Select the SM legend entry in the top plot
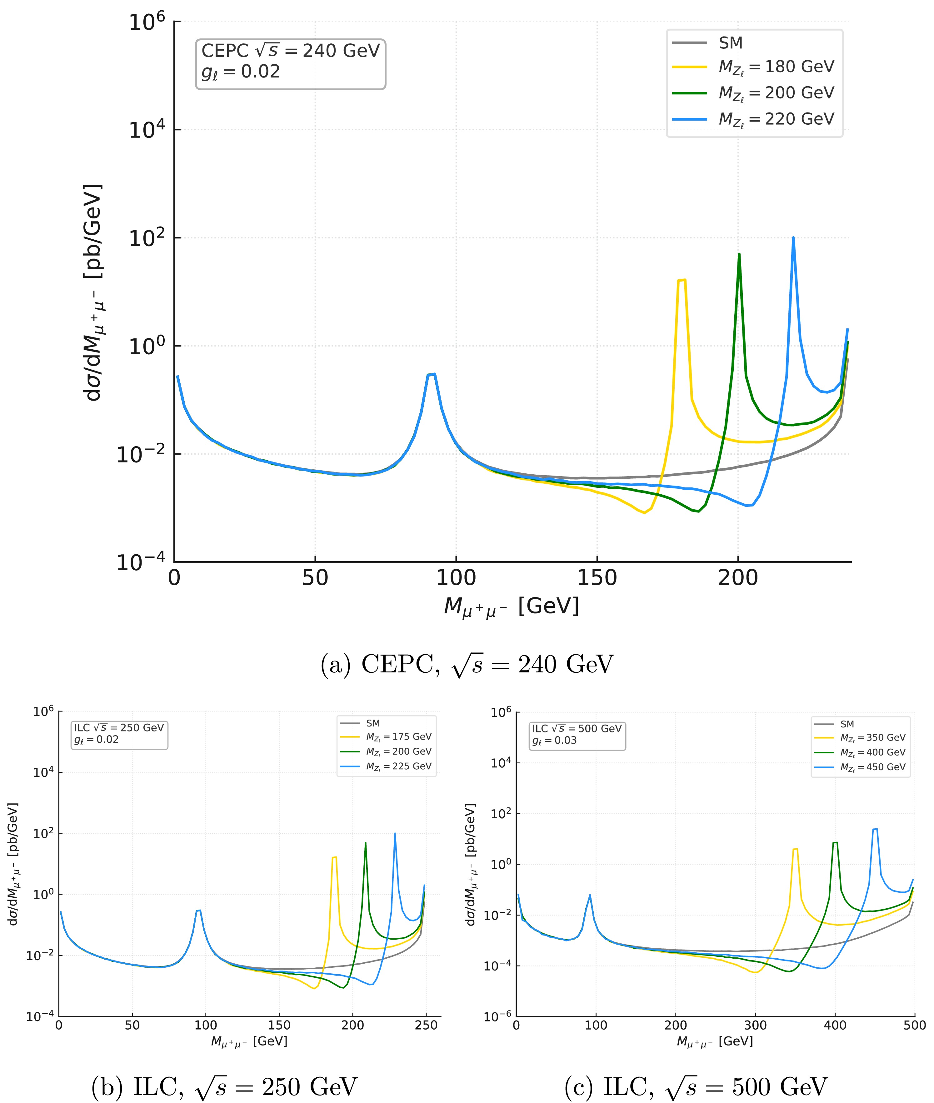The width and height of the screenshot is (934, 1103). coord(730,43)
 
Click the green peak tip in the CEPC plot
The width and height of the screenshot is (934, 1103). coord(739,254)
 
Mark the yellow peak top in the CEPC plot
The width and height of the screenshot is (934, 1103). coord(682,280)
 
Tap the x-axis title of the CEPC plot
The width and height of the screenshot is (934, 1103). coord(511,606)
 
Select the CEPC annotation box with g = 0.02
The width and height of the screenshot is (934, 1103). coord(290,63)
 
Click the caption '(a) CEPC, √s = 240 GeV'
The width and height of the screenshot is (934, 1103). coord(467,665)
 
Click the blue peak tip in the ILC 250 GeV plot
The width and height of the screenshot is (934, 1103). coord(394,833)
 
